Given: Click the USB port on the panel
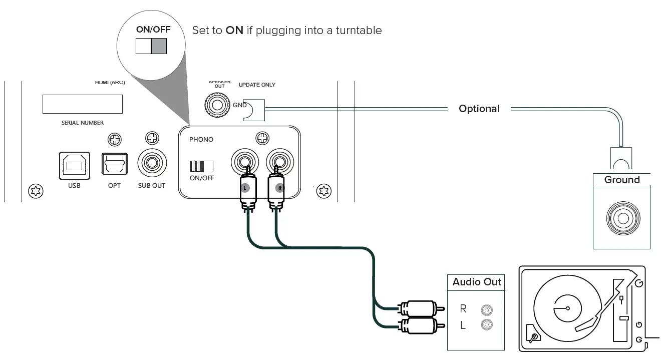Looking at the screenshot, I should tap(75, 165).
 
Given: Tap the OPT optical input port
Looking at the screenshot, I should tap(114, 163).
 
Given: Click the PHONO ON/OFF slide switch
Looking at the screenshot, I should tap(201, 166).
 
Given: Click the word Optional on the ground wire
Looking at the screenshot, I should tap(479, 109).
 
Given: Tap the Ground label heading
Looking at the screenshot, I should tap(621, 180).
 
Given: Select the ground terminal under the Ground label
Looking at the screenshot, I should tap(622, 219).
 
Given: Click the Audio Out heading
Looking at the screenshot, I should tap(476, 282).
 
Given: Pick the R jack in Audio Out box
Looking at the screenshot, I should tap(485, 309).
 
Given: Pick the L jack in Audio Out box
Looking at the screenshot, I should tap(485, 325).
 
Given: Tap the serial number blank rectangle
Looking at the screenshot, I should tap(83, 104).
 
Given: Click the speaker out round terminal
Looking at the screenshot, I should tap(217, 105).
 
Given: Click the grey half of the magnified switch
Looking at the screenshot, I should tap(159, 46).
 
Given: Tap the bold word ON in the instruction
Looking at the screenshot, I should tap(234, 31).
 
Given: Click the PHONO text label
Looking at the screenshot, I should tap(201, 140).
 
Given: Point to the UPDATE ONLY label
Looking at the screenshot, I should tap(257, 85).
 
